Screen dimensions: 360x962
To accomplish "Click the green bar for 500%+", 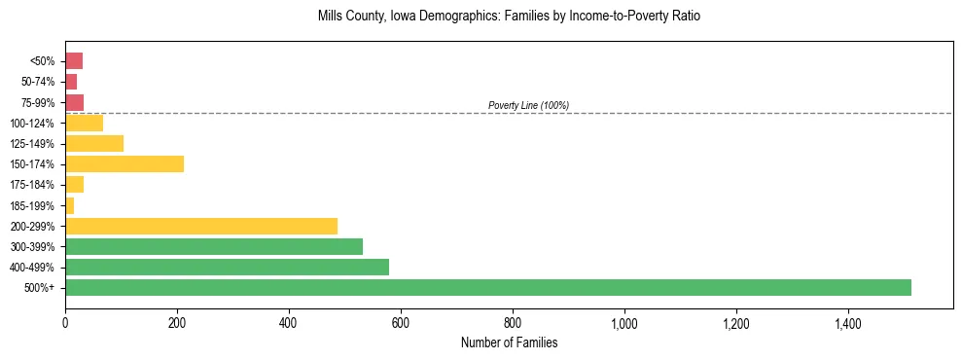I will click(x=487, y=287).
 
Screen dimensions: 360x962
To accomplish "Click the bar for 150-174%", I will click(x=124, y=163).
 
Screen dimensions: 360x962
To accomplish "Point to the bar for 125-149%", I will click(x=93, y=143).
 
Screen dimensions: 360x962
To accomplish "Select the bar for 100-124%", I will click(x=84, y=123).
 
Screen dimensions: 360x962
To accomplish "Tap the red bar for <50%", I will click(x=73, y=61).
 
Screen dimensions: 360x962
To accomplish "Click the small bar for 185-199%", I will click(x=69, y=205).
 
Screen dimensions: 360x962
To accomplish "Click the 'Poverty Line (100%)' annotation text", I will click(x=528, y=105).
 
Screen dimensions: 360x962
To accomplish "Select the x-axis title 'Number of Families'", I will click(x=509, y=343).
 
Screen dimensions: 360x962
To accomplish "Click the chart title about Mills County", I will click(x=509, y=17).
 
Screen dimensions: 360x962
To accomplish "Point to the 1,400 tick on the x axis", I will click(x=847, y=323).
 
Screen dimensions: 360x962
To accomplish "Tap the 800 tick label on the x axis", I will click(x=513, y=323).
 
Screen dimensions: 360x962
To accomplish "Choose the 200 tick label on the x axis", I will click(x=177, y=323).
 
